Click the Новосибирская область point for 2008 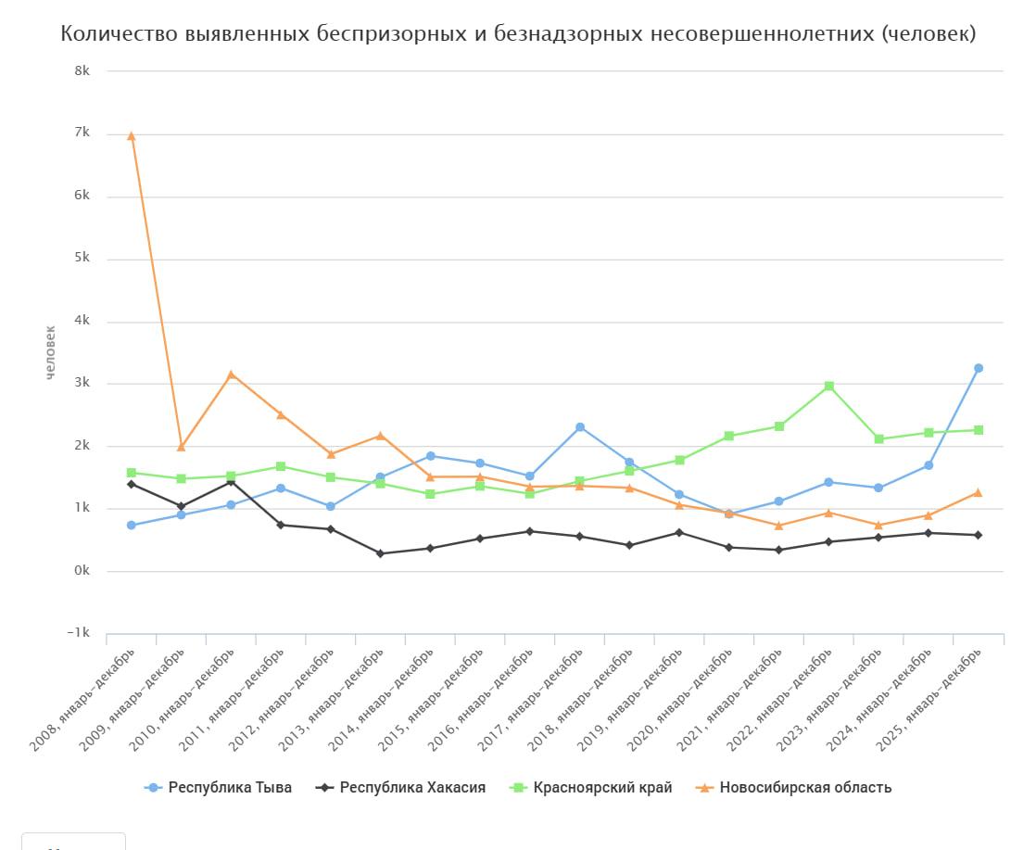pos(132,136)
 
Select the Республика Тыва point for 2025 pos(979,368)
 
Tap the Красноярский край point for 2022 pos(829,386)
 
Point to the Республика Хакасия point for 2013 pos(381,553)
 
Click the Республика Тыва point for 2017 pos(580,427)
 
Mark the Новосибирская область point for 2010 pos(232,374)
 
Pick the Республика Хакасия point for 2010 pos(232,481)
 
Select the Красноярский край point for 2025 pos(979,430)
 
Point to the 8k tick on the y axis pos(82,71)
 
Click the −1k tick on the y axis pos(79,633)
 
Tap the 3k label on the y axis pos(82,383)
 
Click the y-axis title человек pos(52,351)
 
